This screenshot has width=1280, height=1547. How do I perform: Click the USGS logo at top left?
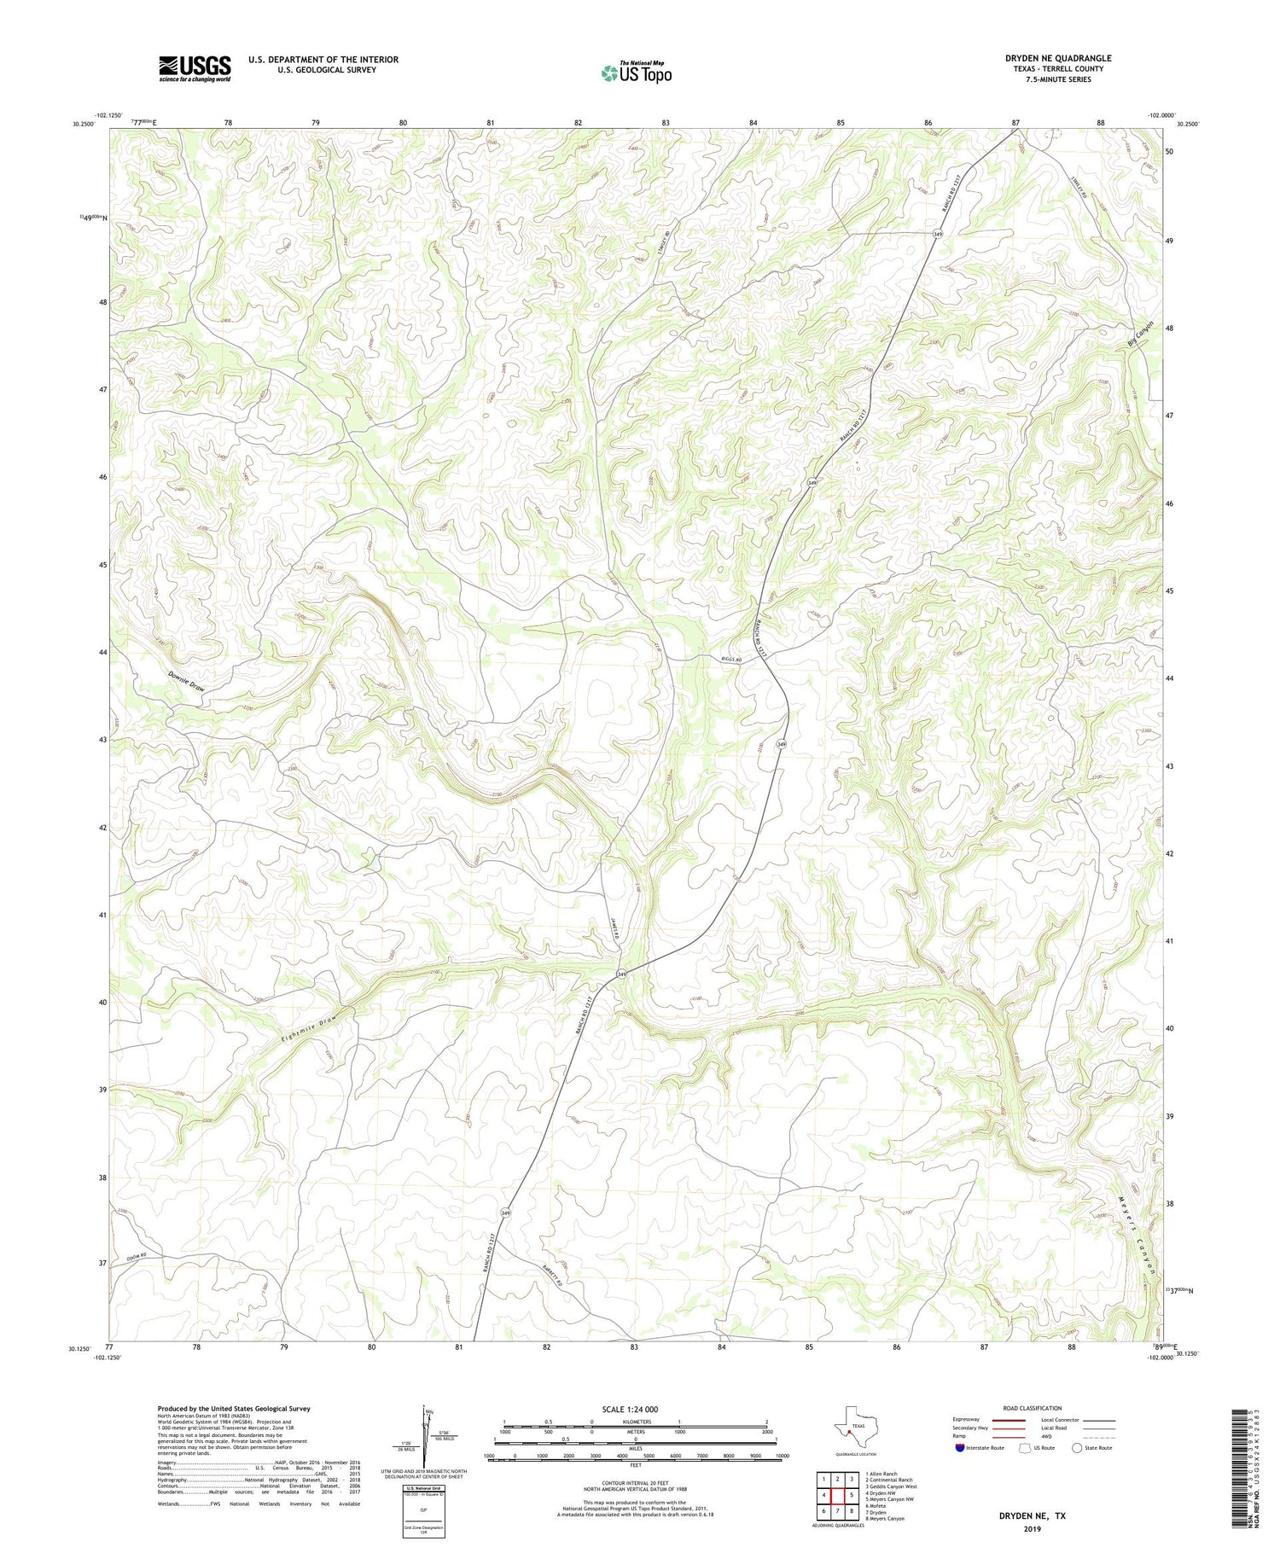(195, 68)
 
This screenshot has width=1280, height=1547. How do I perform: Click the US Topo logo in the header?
(636, 73)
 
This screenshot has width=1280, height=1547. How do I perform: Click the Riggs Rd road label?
(731, 660)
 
